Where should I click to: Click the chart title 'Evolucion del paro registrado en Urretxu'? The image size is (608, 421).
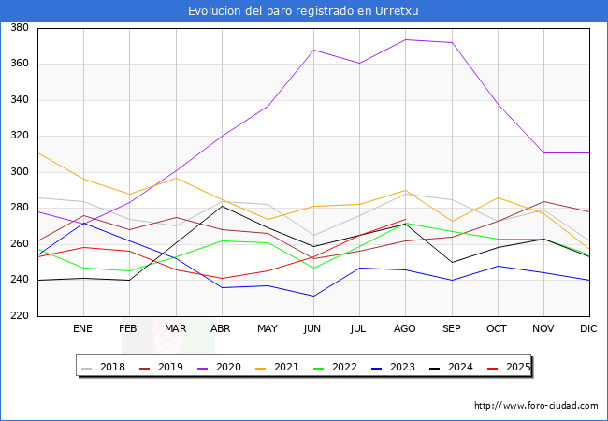coord(304,11)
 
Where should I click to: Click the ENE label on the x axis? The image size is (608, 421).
coord(83,329)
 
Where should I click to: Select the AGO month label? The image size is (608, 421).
coord(404,329)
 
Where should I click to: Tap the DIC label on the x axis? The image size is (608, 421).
coord(588,329)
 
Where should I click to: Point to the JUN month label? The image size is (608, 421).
coord(312,329)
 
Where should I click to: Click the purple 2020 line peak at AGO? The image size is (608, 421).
coord(405,39)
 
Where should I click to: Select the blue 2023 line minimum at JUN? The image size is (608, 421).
coord(313,297)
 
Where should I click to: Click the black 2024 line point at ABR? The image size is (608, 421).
coord(222,206)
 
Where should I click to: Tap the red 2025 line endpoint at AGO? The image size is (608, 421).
coord(405,219)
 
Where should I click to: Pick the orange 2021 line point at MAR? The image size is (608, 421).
coord(175,178)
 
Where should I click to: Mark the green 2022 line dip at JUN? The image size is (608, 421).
coord(313,269)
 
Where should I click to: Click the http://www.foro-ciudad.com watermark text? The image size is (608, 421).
coord(536,406)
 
